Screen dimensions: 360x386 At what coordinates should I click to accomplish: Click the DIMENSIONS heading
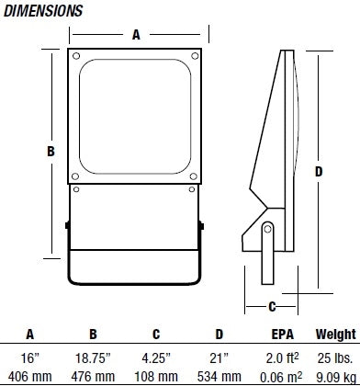click(x=43, y=11)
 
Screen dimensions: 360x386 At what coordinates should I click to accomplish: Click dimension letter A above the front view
click(x=136, y=35)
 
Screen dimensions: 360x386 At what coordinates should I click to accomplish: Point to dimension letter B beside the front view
click(x=51, y=152)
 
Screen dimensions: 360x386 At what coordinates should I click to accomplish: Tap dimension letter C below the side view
click(x=272, y=306)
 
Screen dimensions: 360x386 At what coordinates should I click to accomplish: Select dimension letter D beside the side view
click(x=319, y=172)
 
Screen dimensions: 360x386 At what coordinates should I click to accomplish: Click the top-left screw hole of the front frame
click(x=76, y=56)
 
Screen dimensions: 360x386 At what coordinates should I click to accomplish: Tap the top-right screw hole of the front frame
click(x=195, y=56)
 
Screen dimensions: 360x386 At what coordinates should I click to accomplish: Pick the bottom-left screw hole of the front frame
click(x=75, y=176)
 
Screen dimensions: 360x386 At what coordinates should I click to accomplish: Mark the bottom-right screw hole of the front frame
click(x=193, y=176)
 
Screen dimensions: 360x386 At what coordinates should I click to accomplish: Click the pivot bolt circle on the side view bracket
click(x=267, y=229)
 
